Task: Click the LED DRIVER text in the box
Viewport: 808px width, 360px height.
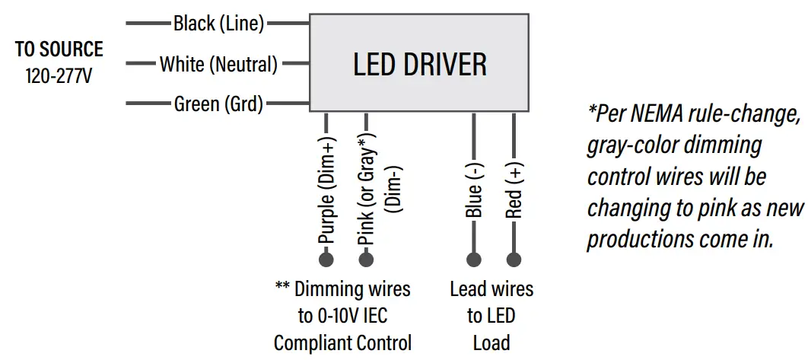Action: tap(420, 65)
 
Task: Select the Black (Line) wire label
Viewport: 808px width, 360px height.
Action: tap(218, 24)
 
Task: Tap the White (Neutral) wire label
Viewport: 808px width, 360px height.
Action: tap(218, 64)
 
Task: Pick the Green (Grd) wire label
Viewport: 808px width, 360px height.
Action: tap(218, 104)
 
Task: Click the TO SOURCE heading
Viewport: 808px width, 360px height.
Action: tap(59, 49)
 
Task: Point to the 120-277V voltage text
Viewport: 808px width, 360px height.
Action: tap(59, 76)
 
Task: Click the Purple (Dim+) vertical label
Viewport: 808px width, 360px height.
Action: tap(327, 191)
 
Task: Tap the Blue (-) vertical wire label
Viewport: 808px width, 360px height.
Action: tap(474, 191)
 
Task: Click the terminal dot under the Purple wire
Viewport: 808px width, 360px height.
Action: tap(326, 260)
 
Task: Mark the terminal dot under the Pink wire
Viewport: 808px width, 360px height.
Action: tap(366, 260)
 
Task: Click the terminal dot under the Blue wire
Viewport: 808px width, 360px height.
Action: tap(474, 260)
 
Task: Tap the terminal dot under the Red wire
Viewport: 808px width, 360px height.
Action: tap(514, 260)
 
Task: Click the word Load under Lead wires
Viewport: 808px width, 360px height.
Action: tap(491, 342)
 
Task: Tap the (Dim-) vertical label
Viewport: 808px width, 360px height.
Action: tap(394, 186)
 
